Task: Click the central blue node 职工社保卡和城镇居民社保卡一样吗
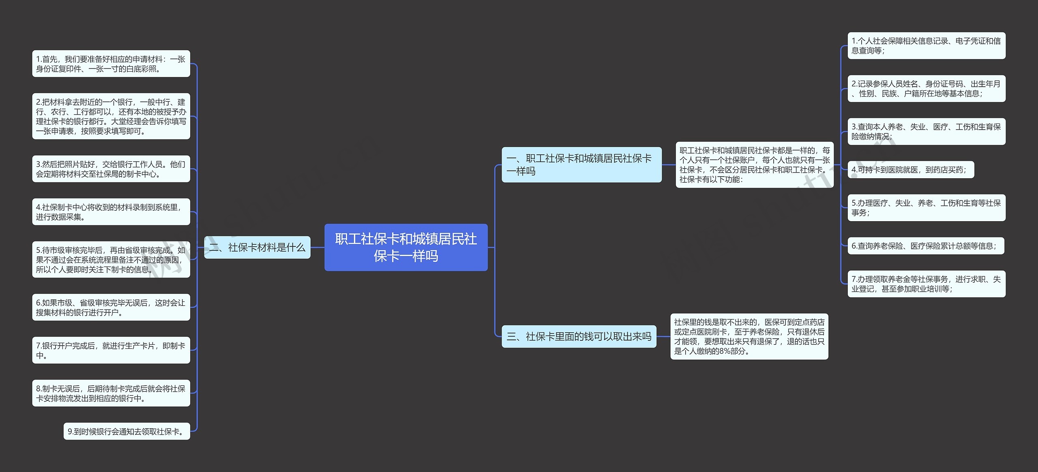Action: click(406, 247)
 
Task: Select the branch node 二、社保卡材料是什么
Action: click(257, 247)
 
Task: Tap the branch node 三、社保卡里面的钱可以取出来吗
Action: click(579, 336)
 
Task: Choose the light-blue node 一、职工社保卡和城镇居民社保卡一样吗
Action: click(581, 164)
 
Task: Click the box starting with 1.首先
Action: click(111, 64)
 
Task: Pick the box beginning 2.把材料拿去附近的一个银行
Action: click(111, 116)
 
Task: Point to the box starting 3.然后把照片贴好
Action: click(111, 169)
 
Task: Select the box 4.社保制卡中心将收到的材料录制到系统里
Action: click(111, 212)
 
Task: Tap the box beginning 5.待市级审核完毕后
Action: click(111, 260)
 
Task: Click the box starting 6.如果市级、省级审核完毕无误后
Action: click(111, 308)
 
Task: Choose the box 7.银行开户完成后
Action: click(111, 350)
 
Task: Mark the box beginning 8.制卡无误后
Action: click(111, 393)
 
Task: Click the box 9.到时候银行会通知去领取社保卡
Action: click(127, 431)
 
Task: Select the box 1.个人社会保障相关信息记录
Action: click(926, 45)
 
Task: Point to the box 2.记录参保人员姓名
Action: click(926, 88)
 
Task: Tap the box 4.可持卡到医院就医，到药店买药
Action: click(910, 170)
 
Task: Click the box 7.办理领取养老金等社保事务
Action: click(926, 284)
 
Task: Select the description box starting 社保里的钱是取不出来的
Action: click(749, 336)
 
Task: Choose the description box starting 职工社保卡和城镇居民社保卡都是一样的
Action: click(754, 164)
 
